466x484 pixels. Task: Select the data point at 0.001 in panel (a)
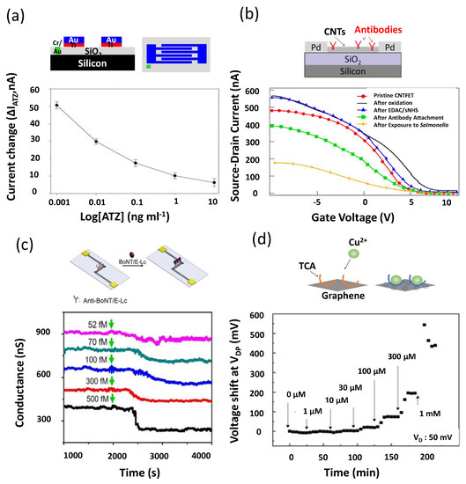click(57, 105)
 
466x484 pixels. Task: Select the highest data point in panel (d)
click(424, 325)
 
